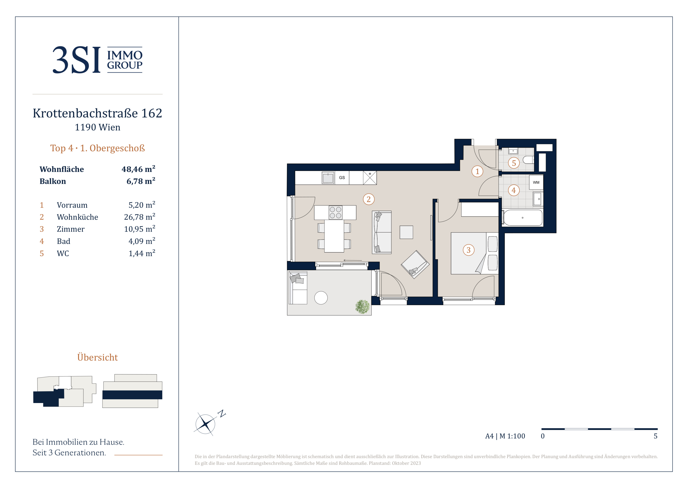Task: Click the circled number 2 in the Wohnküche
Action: tap(368, 199)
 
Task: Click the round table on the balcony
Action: tap(321, 298)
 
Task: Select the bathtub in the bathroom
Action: tap(523, 217)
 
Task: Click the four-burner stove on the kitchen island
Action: tap(335, 212)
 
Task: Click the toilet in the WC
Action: tap(528, 160)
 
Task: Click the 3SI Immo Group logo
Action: tap(97, 60)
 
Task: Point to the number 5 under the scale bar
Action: tap(655, 436)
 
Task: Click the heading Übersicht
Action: tap(97, 357)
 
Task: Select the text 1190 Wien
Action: tap(97, 127)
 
